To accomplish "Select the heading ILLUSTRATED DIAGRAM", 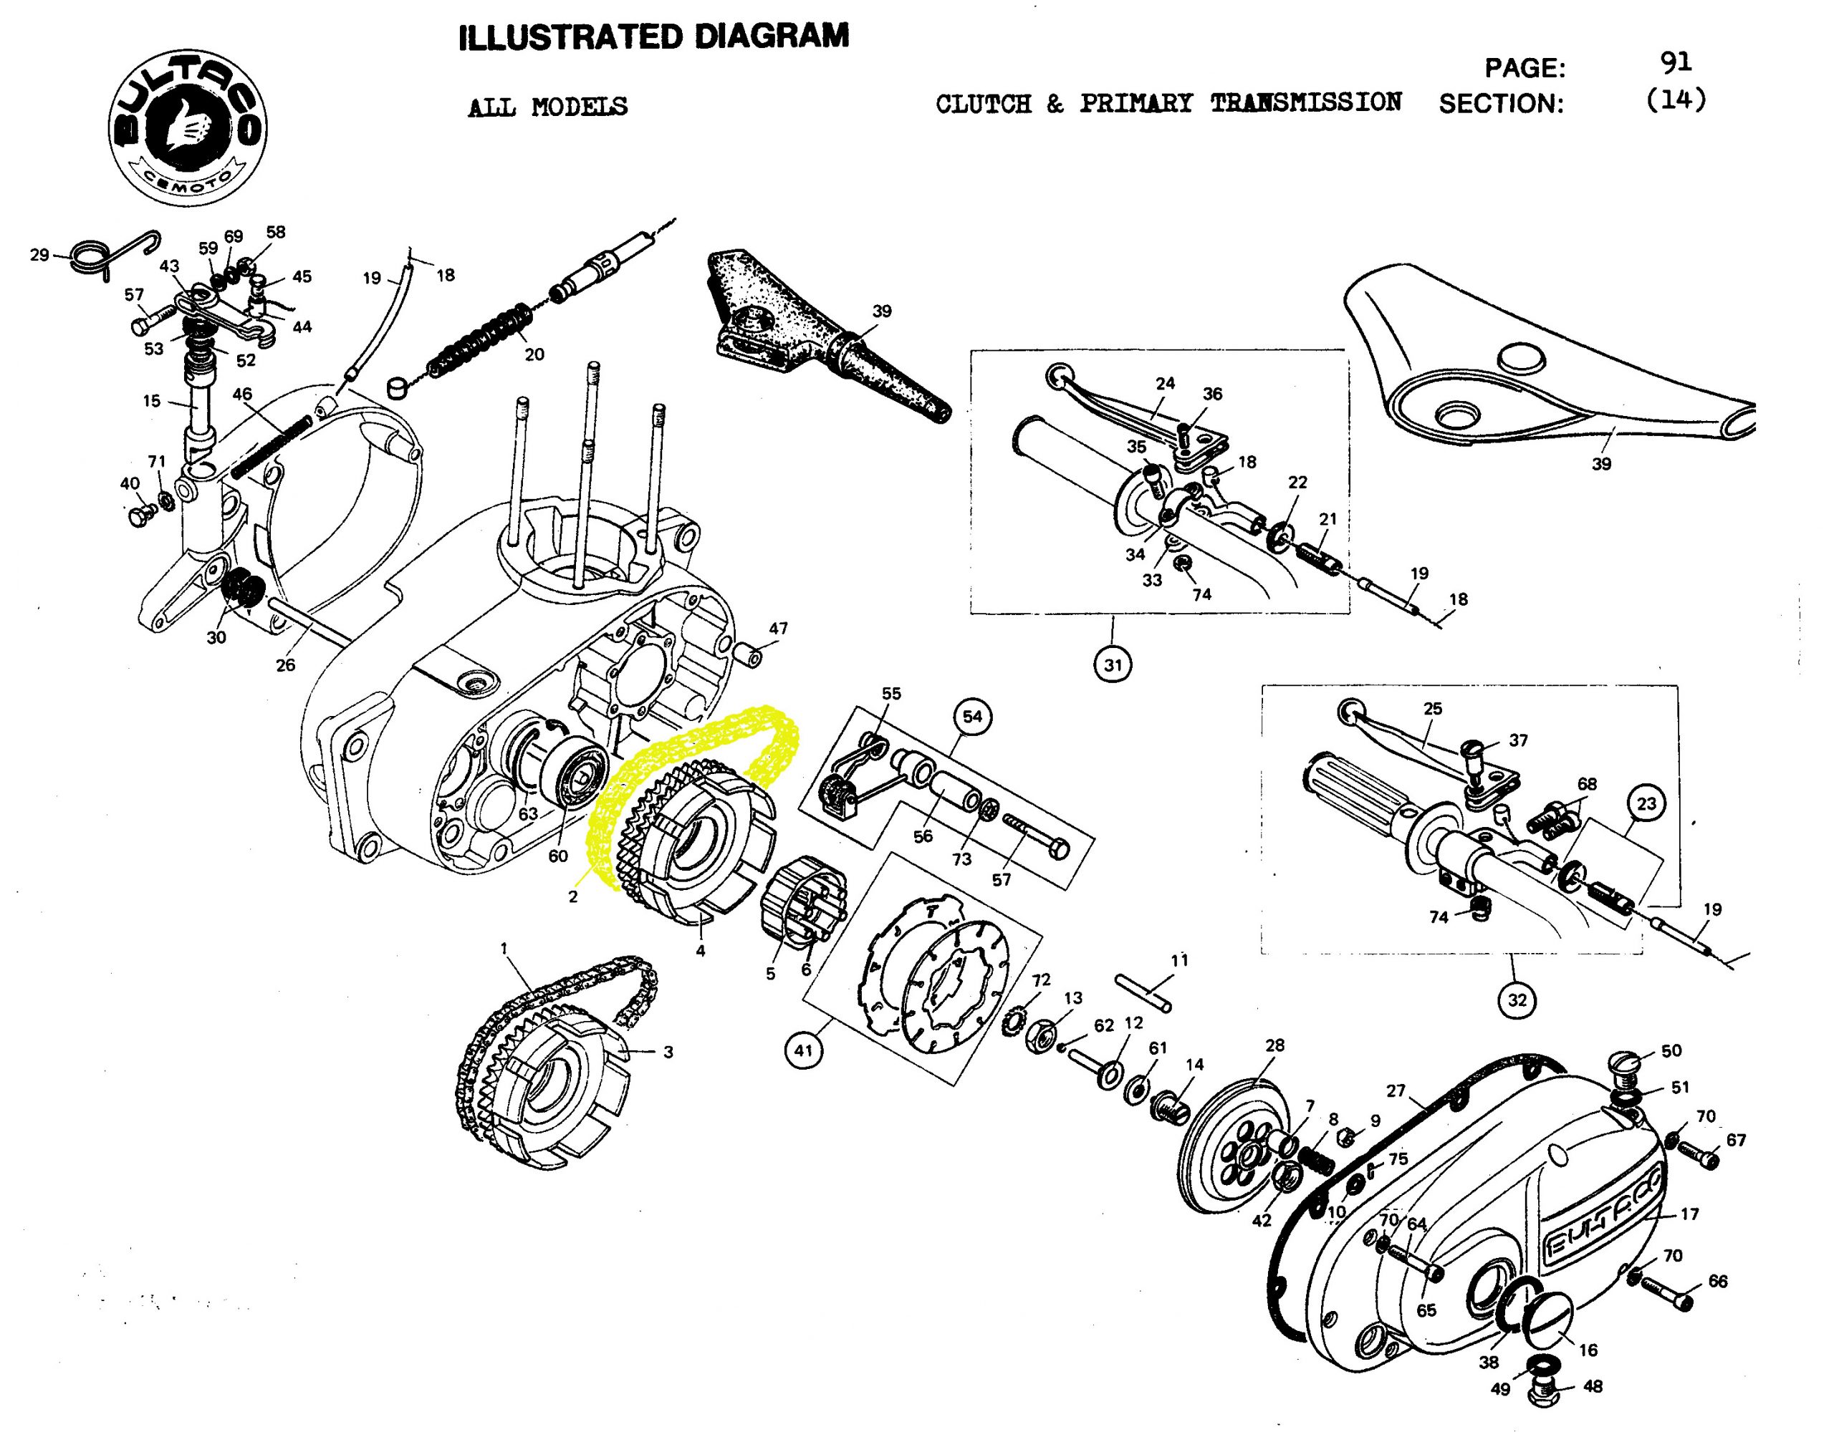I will click(654, 37).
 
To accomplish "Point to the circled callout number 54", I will click(971, 716).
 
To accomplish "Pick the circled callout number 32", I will click(1517, 1000).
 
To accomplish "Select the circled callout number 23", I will click(1646, 803).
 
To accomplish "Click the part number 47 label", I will click(779, 628).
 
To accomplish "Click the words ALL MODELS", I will click(547, 107).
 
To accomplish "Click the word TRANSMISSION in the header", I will click(1306, 102).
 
